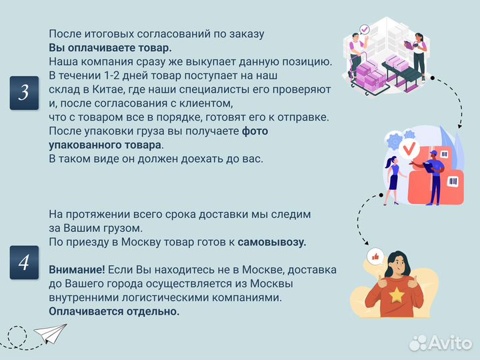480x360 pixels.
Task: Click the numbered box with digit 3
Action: (x=23, y=93)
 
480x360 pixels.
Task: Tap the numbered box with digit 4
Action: (x=23, y=262)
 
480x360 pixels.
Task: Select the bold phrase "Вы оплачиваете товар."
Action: (x=110, y=47)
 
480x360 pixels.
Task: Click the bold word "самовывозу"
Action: (x=272, y=242)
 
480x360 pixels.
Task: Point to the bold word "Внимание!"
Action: (x=77, y=270)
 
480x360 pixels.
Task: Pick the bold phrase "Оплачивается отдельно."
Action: (x=114, y=311)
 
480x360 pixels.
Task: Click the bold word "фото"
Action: (x=255, y=131)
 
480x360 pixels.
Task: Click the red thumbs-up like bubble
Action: (x=375, y=257)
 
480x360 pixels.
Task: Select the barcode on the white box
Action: (x=454, y=181)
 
